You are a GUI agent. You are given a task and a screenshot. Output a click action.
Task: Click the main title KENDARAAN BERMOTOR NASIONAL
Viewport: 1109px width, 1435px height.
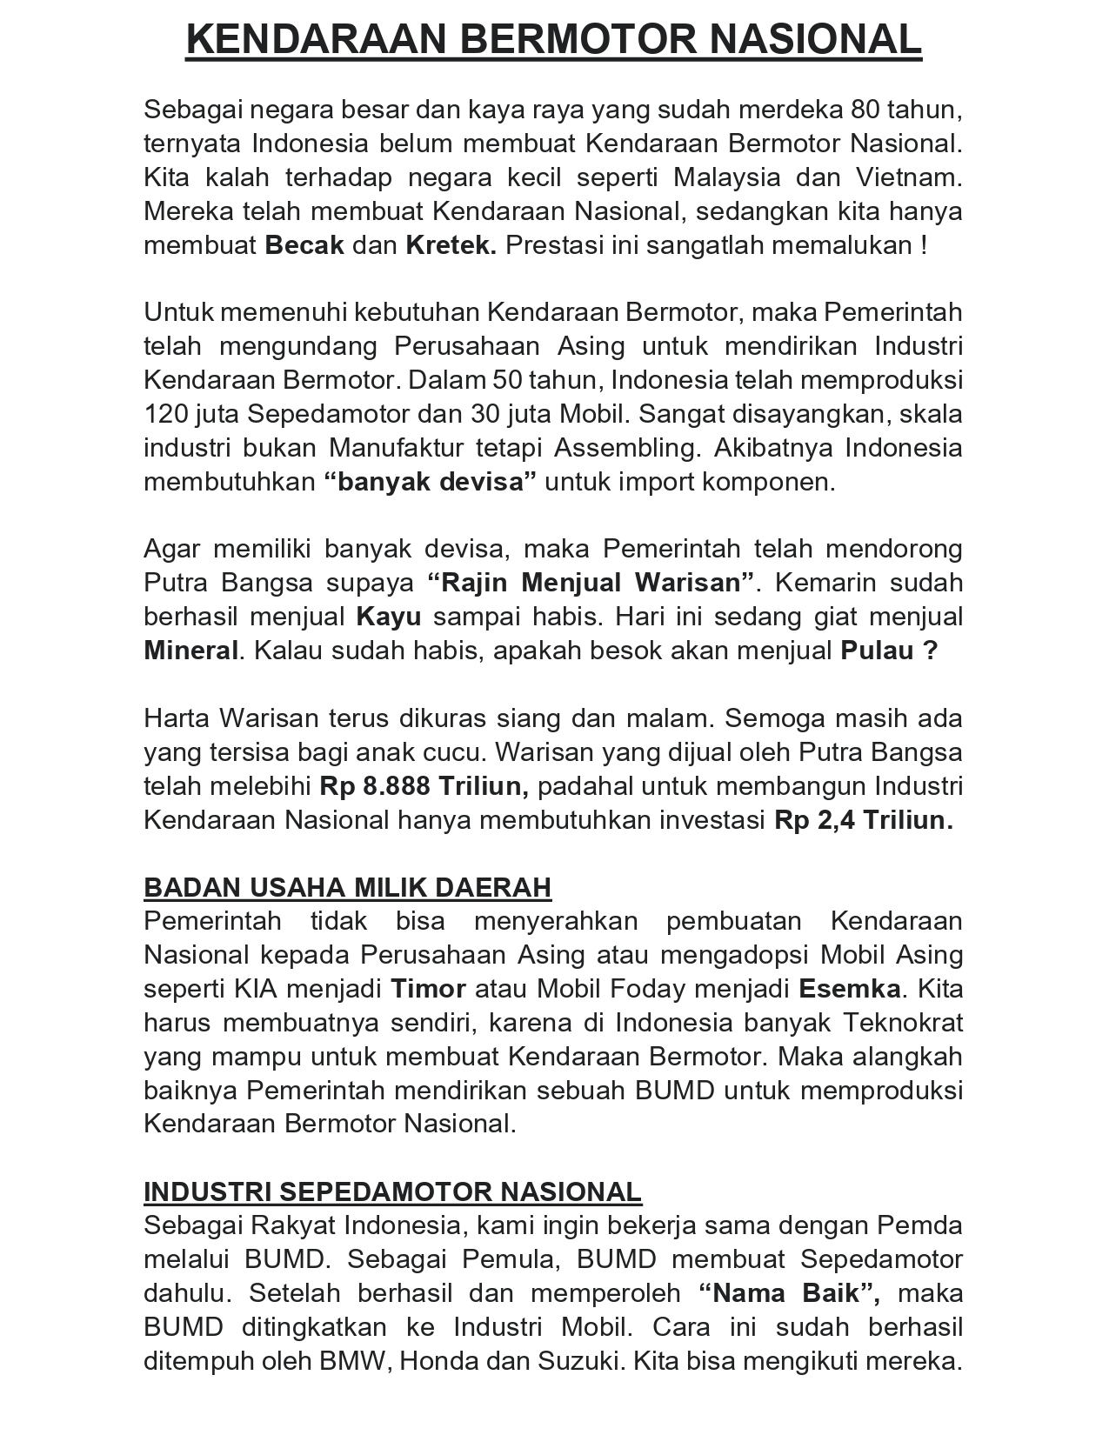click(x=553, y=39)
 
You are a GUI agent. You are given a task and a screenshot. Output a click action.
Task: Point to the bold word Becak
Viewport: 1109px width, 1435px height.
click(x=304, y=245)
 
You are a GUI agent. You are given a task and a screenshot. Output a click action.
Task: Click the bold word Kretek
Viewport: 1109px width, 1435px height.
click(x=451, y=245)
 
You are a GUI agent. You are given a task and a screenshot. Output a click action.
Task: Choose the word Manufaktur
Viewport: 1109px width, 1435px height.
click(x=397, y=449)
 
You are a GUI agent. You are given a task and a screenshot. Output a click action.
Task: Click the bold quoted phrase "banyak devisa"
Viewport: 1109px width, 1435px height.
click(x=430, y=483)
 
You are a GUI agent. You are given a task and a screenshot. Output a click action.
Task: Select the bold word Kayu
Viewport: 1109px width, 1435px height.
click(x=389, y=617)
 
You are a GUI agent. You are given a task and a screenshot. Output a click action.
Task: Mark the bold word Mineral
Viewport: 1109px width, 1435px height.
click(x=190, y=651)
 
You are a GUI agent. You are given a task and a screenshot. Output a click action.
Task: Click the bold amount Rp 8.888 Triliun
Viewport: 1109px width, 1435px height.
click(x=424, y=787)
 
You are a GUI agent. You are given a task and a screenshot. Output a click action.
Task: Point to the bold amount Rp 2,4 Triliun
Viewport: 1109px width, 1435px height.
click(x=863, y=821)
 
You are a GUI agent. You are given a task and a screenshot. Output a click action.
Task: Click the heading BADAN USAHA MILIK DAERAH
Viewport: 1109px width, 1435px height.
click(x=347, y=888)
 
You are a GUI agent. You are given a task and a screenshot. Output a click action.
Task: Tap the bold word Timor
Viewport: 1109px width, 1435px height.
click(x=428, y=990)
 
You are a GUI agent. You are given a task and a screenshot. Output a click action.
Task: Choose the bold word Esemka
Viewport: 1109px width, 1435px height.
click(x=850, y=990)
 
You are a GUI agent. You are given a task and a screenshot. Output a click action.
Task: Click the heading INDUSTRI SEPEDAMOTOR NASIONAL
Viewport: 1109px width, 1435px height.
click(x=392, y=1192)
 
